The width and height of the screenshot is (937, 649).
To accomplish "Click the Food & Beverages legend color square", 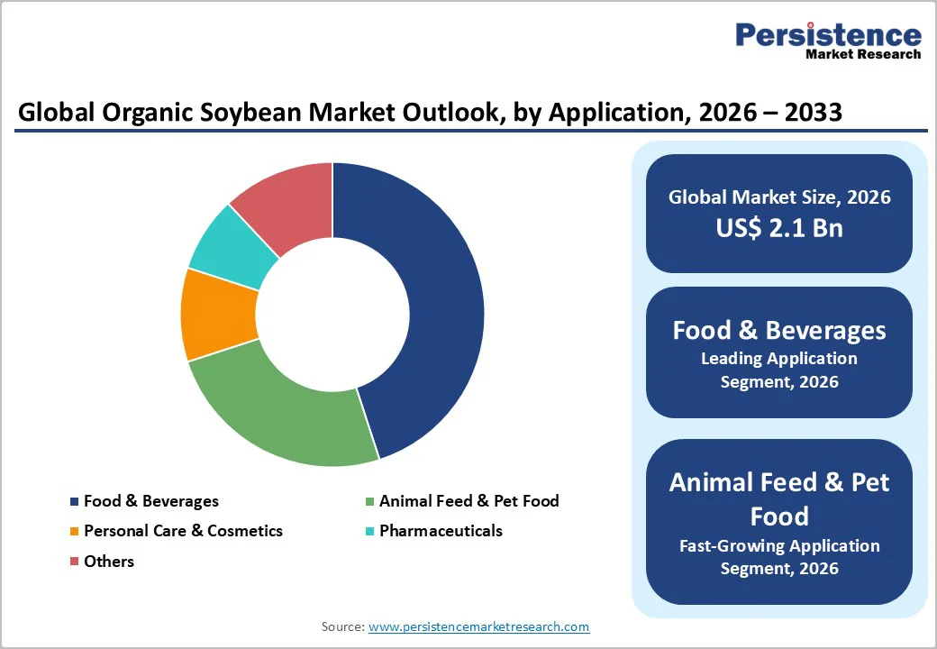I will (x=74, y=501).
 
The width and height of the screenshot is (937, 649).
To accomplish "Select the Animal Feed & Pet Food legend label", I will (x=468, y=501).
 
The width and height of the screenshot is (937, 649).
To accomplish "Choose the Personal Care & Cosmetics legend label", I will (x=183, y=531).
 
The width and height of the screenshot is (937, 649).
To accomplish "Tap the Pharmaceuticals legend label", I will (x=441, y=531).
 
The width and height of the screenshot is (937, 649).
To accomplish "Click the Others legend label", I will (x=108, y=562).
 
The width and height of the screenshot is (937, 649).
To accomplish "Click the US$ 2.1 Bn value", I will (x=779, y=228).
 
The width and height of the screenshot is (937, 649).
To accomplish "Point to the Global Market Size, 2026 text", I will (x=779, y=197).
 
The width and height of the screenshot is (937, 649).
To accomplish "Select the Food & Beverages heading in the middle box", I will (x=779, y=330).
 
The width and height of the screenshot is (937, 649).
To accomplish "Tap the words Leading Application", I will (x=779, y=359).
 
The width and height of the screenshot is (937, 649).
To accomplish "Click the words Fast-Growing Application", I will (x=779, y=546).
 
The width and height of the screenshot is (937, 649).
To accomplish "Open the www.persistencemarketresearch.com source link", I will (x=478, y=626).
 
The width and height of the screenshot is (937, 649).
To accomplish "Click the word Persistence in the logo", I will (x=829, y=35).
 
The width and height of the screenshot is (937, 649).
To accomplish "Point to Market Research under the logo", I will (x=864, y=55).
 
